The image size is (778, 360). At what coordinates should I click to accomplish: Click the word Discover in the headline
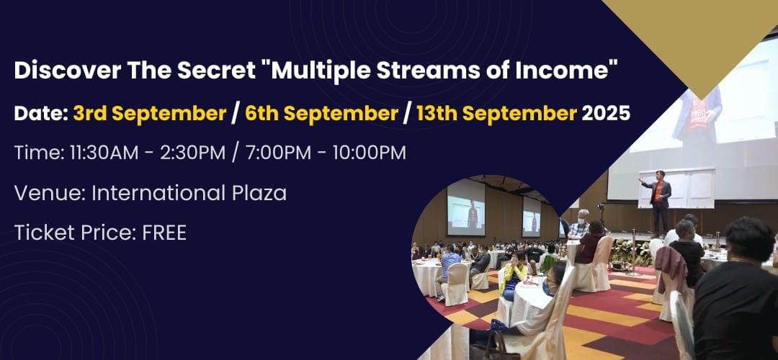(x=68, y=71)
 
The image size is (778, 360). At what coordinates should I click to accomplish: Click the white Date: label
(x=41, y=114)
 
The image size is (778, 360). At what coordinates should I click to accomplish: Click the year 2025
(x=606, y=114)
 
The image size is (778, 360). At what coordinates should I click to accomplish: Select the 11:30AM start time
(x=104, y=153)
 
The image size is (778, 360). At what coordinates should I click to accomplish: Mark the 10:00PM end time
(x=370, y=153)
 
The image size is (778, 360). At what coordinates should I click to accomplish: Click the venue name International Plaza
(x=189, y=193)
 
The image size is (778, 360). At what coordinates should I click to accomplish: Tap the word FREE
(x=164, y=233)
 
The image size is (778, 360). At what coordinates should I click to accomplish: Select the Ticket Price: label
(x=76, y=233)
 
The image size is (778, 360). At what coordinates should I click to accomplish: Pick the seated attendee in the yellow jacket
(x=514, y=278)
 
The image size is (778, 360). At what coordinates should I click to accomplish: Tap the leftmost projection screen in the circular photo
(x=465, y=207)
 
